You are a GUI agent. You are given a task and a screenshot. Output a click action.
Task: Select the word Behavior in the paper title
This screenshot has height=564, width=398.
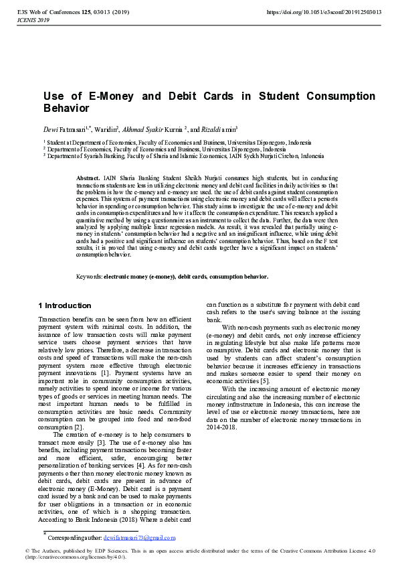[66, 108]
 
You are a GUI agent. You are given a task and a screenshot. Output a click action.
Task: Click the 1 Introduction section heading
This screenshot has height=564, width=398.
[65, 305]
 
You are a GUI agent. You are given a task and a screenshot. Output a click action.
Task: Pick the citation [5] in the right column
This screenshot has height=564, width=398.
[266, 381]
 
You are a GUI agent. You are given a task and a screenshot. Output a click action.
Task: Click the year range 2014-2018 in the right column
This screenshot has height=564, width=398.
[221, 427]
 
